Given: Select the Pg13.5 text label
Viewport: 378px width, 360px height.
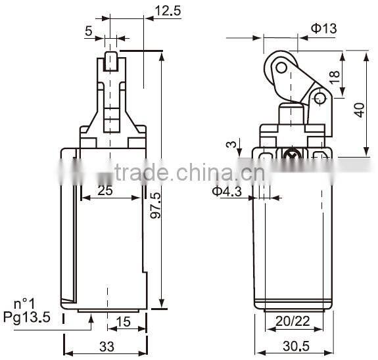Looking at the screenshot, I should [x=27, y=318].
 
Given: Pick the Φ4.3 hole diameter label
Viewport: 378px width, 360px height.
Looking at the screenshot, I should [x=227, y=191].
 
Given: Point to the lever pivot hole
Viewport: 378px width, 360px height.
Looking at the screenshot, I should [x=320, y=99].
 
